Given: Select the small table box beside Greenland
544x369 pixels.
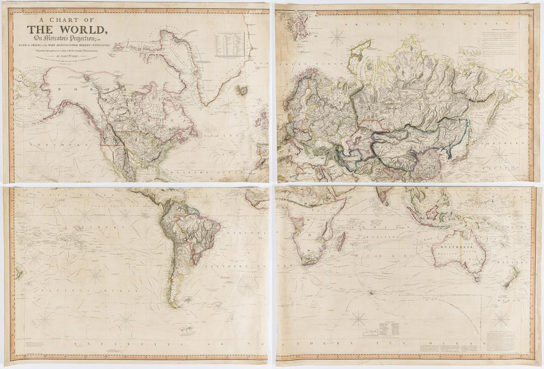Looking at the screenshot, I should [229, 44].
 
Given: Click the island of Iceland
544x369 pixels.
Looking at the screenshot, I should [242, 90].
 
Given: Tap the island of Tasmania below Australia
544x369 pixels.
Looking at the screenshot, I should [477, 279].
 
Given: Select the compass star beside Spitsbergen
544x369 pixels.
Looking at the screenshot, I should [337, 38].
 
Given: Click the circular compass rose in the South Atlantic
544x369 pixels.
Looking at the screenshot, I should [248, 286].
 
